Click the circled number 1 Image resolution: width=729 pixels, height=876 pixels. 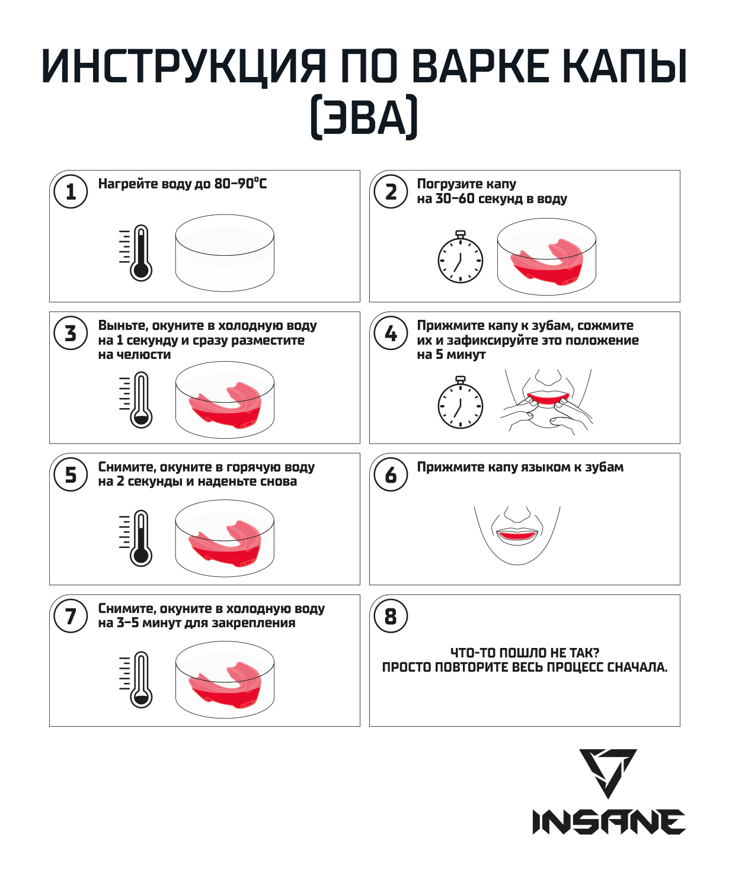[71, 192]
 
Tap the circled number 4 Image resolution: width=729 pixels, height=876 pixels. [391, 333]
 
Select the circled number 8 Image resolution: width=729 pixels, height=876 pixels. [391, 617]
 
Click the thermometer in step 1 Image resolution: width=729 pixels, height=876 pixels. [136, 252]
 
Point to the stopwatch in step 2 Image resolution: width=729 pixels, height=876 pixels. [461, 256]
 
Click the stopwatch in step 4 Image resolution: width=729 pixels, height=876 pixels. [461, 402]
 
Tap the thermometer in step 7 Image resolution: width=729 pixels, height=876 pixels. [136, 680]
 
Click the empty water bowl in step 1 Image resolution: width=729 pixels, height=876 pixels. [225, 253]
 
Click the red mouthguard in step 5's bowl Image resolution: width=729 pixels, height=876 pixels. [225, 543]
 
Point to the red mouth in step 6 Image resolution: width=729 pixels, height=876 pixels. [517, 535]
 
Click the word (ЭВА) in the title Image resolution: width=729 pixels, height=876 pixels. [364, 117]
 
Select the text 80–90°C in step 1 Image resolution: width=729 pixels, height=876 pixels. [240, 184]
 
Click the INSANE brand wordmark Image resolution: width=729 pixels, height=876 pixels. [609, 822]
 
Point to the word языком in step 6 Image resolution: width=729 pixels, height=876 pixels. [537, 467]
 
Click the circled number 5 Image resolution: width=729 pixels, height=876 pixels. [71, 475]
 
